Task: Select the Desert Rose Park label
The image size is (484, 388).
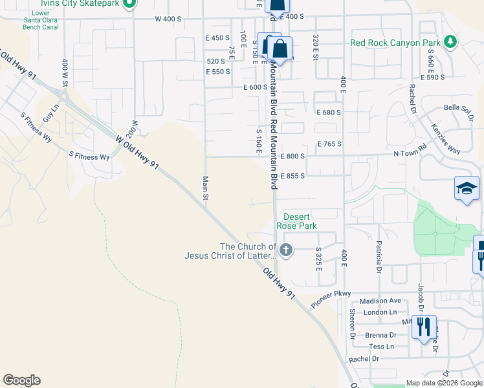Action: point(296,221)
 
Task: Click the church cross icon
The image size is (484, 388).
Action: point(286,249)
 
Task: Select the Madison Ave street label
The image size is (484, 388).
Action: point(380,301)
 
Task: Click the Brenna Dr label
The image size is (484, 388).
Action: point(380,335)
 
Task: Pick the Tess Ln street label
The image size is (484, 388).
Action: point(380,347)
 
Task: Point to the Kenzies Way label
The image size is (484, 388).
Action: point(445,138)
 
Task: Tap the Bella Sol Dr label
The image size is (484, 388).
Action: point(459,109)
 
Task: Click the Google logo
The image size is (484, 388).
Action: point(21,380)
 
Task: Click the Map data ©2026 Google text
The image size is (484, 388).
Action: point(444,383)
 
